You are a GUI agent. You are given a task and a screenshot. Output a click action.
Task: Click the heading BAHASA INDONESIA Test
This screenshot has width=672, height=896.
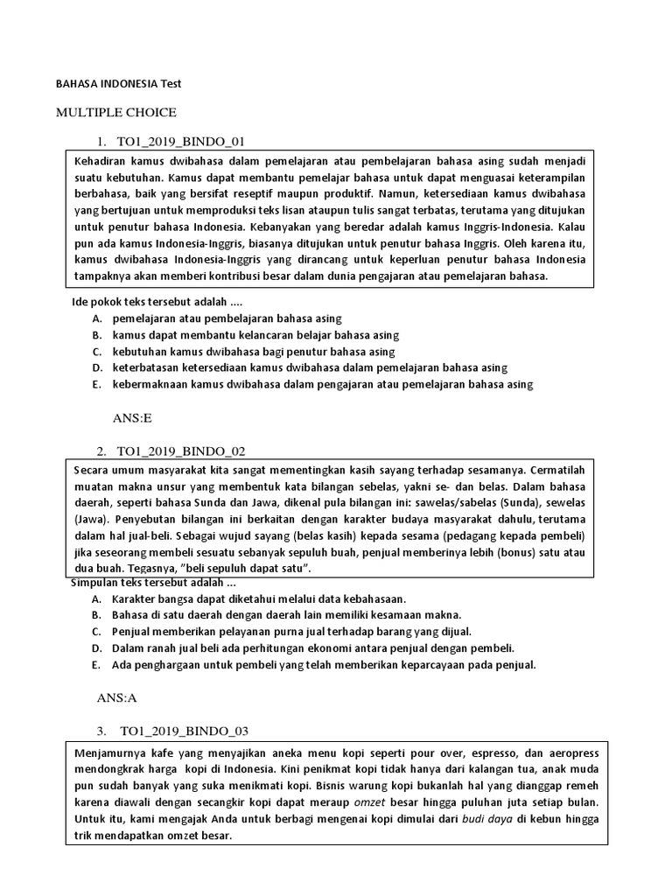[x=117, y=83]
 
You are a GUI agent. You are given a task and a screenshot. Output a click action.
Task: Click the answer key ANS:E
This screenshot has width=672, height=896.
[x=132, y=419]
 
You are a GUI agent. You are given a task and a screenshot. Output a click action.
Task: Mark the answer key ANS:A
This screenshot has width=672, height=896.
[x=118, y=698]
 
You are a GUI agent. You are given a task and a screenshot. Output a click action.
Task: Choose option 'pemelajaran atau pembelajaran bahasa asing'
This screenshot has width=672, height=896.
[x=227, y=318]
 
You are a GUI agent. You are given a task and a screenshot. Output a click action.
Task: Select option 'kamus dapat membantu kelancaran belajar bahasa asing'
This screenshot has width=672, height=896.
[x=255, y=335]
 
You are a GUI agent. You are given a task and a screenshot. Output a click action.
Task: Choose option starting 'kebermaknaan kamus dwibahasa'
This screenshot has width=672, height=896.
[x=322, y=384]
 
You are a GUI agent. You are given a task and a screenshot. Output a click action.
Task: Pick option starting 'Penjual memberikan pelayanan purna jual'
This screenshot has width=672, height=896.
[x=291, y=632]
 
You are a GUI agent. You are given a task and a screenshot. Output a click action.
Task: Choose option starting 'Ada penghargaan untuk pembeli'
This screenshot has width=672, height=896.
[x=324, y=665]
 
